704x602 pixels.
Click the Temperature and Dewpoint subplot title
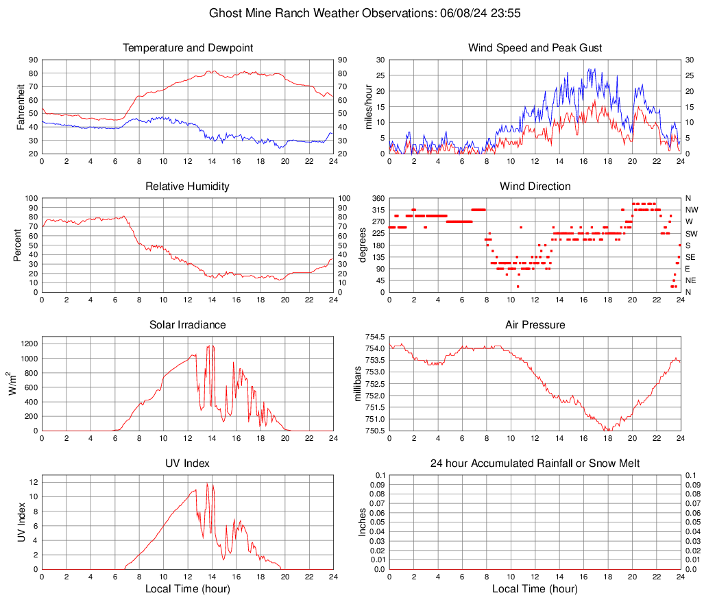click(x=188, y=48)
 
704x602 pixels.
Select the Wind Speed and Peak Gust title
click(x=535, y=48)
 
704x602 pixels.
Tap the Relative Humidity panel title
click(x=188, y=186)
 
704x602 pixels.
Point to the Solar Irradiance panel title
click(x=188, y=325)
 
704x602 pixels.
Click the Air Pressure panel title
click(x=535, y=325)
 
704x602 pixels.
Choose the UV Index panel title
click(x=188, y=463)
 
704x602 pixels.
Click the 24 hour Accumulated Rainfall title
click(x=535, y=463)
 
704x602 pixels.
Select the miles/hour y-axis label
click(x=369, y=106)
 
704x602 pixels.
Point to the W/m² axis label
click(x=14, y=383)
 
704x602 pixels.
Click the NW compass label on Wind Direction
click(x=691, y=210)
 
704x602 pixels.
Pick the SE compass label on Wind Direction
click(x=690, y=257)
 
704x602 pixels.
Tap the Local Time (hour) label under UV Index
click(x=188, y=589)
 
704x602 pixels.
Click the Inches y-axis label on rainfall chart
click(x=363, y=522)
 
